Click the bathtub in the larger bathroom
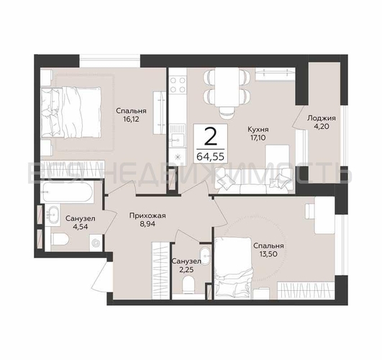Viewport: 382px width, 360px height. (67, 192)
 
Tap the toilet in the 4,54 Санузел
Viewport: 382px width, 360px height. (60, 239)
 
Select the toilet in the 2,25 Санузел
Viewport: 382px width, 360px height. (188, 285)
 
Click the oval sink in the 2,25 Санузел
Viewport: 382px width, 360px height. (205, 256)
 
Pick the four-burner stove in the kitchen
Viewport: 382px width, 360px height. (178, 85)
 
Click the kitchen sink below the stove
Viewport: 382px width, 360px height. (178, 136)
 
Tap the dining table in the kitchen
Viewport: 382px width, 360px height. (227, 87)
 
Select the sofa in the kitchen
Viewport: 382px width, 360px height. (253, 181)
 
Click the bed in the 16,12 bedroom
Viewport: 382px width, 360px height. (71, 112)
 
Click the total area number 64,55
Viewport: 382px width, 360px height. (210, 156)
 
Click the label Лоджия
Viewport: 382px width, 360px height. (322, 118)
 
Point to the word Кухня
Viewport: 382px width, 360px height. (258, 129)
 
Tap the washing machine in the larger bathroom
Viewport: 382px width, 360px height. (97, 243)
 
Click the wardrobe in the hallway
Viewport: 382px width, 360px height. (160, 270)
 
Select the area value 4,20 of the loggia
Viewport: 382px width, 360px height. (322, 127)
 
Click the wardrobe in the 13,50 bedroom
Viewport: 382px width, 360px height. (306, 290)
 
